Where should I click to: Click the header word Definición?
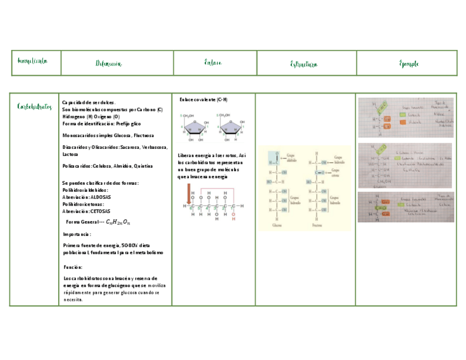(x=108, y=64)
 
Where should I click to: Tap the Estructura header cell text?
(x=304, y=64)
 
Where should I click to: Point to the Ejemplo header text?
(x=409, y=64)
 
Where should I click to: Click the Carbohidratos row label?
(x=34, y=106)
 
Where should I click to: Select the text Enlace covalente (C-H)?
(x=203, y=99)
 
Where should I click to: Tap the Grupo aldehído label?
(x=291, y=157)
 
